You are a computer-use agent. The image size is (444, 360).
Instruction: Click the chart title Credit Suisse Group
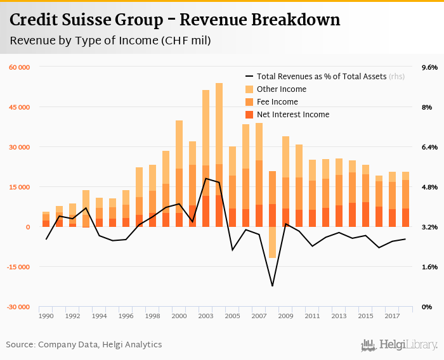click(x=174, y=20)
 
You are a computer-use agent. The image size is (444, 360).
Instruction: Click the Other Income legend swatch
click(x=249, y=89)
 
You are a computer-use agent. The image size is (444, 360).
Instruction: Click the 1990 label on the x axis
click(x=46, y=315)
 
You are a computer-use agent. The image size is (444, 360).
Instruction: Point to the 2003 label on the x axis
click(x=206, y=315)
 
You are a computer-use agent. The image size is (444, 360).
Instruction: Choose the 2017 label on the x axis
click(x=392, y=315)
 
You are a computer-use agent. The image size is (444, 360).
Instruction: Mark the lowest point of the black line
click(x=272, y=286)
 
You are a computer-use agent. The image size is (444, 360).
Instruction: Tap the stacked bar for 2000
click(x=179, y=171)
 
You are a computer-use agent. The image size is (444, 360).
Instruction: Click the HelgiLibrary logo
click(x=400, y=345)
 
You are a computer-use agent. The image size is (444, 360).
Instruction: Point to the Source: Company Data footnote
click(x=84, y=345)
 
